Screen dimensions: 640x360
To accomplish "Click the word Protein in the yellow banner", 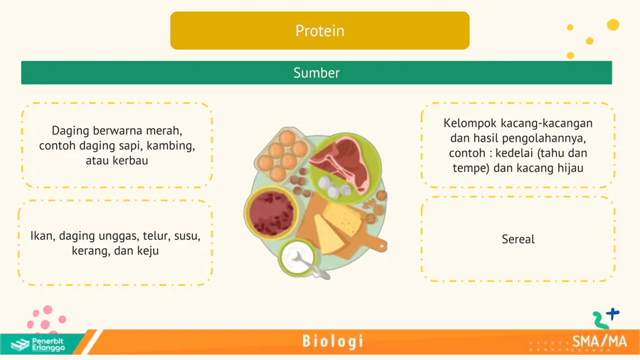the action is [319, 31].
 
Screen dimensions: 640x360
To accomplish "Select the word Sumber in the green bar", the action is [316, 73].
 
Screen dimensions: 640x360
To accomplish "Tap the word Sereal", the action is [518, 239].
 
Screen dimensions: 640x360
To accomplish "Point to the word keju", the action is [148, 250].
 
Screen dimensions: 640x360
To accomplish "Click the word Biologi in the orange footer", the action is [333, 342].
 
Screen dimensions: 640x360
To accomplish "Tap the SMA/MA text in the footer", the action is [599, 342].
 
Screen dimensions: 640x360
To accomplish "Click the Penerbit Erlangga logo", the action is [38, 344].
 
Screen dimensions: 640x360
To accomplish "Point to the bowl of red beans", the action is [271, 213].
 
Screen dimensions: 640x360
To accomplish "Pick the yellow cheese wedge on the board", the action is [329, 235].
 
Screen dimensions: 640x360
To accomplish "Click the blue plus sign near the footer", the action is [613, 314].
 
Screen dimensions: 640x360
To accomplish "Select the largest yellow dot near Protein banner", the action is [613, 25].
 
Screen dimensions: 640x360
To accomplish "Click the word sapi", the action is [129, 146].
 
